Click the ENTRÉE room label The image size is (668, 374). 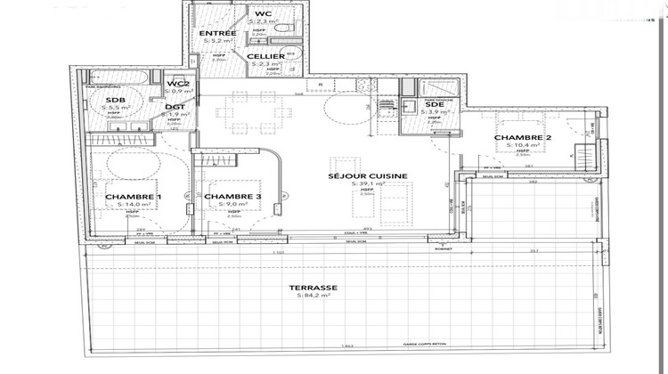pyautogui.click(x=218, y=33)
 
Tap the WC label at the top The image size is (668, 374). pyautogui.click(x=263, y=14)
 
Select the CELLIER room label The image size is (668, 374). pyautogui.click(x=267, y=56)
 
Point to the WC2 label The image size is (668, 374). pyautogui.click(x=177, y=84)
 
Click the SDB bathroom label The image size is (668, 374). pyautogui.click(x=115, y=100)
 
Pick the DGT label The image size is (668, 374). pyautogui.click(x=175, y=107)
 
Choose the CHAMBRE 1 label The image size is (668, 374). pyautogui.click(x=134, y=196)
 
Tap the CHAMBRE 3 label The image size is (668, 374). pyautogui.click(x=232, y=196)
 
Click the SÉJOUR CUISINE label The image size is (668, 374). pyautogui.click(x=368, y=176)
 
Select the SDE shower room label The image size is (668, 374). pyautogui.click(x=434, y=104)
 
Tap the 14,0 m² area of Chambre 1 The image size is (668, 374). pyautogui.click(x=134, y=205)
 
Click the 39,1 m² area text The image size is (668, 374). pyautogui.click(x=368, y=185)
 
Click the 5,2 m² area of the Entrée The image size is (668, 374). pyautogui.click(x=218, y=41)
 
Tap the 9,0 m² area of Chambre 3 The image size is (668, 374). pyautogui.click(x=232, y=205)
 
